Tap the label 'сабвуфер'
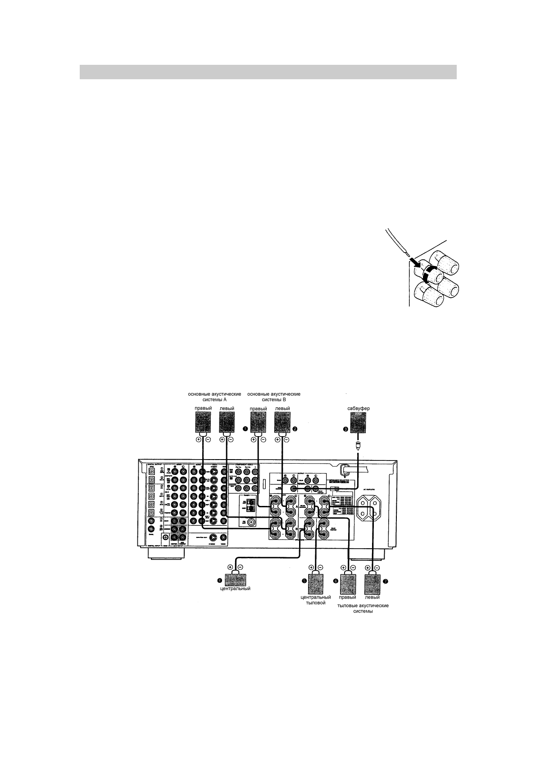click(359, 409)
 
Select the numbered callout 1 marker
click(245, 429)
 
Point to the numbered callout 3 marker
click(346, 429)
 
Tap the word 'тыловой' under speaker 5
click(315, 603)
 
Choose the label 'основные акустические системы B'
click(274, 397)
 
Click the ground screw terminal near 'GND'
click(166, 537)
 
